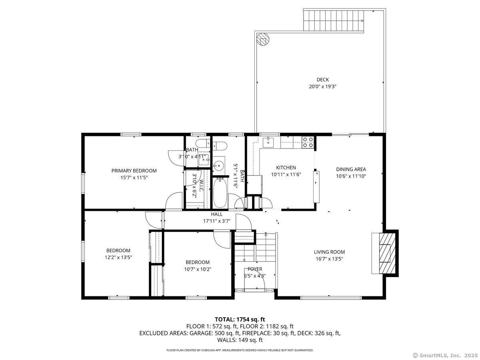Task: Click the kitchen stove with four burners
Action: [308, 142]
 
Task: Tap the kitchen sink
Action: [268, 140]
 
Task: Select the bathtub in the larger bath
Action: [220, 193]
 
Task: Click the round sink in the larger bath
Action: [218, 164]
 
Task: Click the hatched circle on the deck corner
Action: [263, 39]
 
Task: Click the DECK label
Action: [322, 80]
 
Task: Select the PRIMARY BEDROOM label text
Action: [134, 171]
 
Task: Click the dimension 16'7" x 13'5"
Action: [329, 259]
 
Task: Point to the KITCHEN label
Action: [286, 168]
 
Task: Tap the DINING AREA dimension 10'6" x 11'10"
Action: [351, 176]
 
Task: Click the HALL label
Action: [217, 214]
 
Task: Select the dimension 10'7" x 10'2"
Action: [198, 269]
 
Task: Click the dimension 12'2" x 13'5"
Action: [118, 258]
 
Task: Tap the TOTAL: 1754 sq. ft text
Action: [240, 319]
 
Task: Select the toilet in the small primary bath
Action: [201, 143]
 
